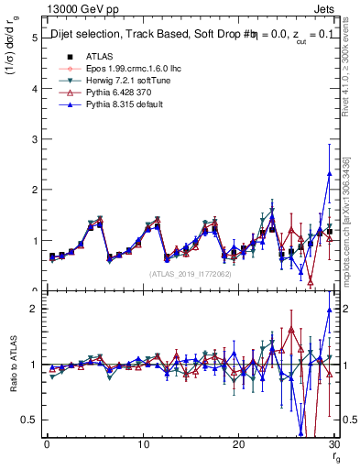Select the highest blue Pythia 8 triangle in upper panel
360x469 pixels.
click(329, 173)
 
